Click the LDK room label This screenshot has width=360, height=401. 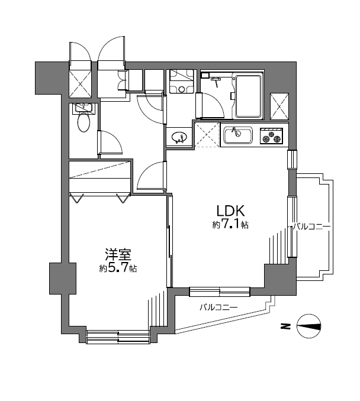point(231,211)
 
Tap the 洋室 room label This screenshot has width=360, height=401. point(118,254)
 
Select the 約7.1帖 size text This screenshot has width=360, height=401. point(230,225)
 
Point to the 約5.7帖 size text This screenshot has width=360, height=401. point(118,269)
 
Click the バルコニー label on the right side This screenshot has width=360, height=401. point(312,227)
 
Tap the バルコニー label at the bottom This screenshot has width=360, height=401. point(218,307)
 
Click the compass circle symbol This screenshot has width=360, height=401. point(309,326)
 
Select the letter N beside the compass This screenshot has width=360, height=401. point(285,326)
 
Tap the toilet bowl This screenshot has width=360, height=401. point(84,122)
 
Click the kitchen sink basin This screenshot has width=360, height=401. point(238,135)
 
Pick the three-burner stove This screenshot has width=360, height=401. point(272,136)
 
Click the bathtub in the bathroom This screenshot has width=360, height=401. point(248,96)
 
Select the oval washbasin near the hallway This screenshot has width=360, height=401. point(178,137)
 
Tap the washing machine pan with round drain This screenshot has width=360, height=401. point(182,82)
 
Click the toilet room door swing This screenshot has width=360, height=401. point(110,142)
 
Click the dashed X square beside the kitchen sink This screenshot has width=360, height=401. point(207,135)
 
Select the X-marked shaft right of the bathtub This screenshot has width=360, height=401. point(279,106)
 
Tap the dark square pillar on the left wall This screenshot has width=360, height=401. point(63,278)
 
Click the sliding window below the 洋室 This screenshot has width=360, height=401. point(118,337)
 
